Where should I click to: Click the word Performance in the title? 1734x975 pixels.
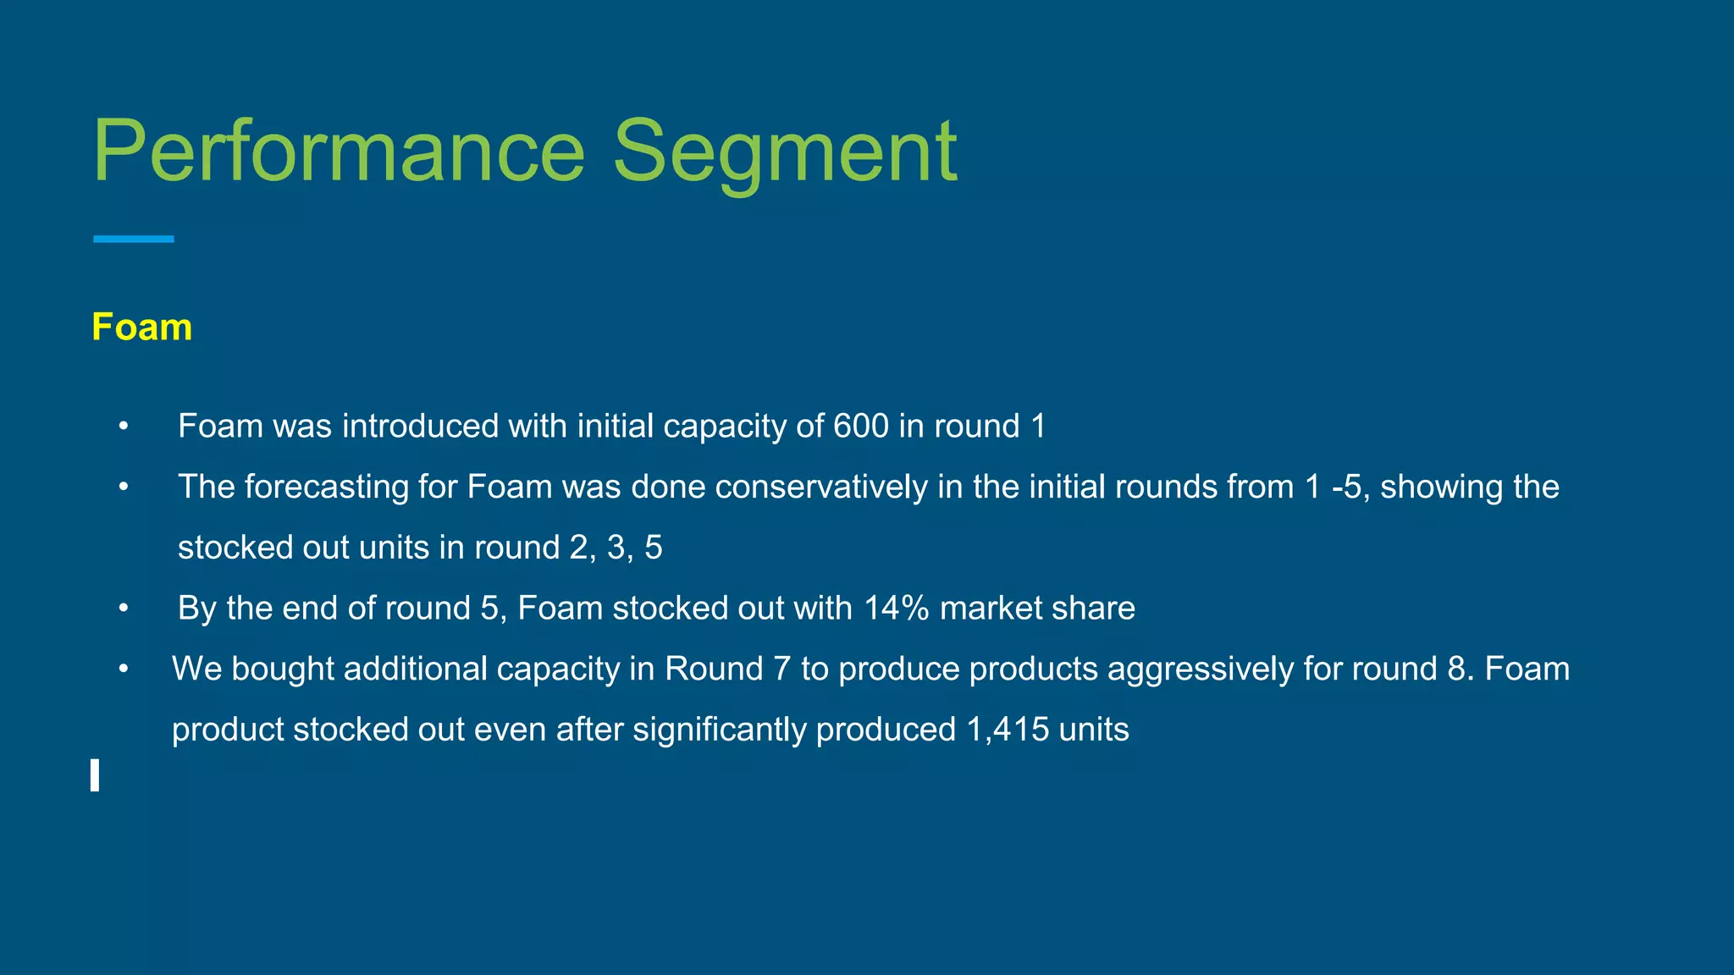pos(339,152)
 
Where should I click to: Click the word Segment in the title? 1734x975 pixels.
pos(785,152)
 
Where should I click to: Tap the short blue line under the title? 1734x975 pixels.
pos(133,240)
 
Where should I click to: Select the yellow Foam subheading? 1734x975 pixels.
pos(141,328)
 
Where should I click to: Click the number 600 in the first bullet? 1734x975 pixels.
pos(860,426)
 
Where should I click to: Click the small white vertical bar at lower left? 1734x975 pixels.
pos(95,775)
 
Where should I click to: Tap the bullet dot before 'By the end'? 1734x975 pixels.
pos(124,608)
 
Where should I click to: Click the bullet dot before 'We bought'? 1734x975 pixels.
pos(124,669)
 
